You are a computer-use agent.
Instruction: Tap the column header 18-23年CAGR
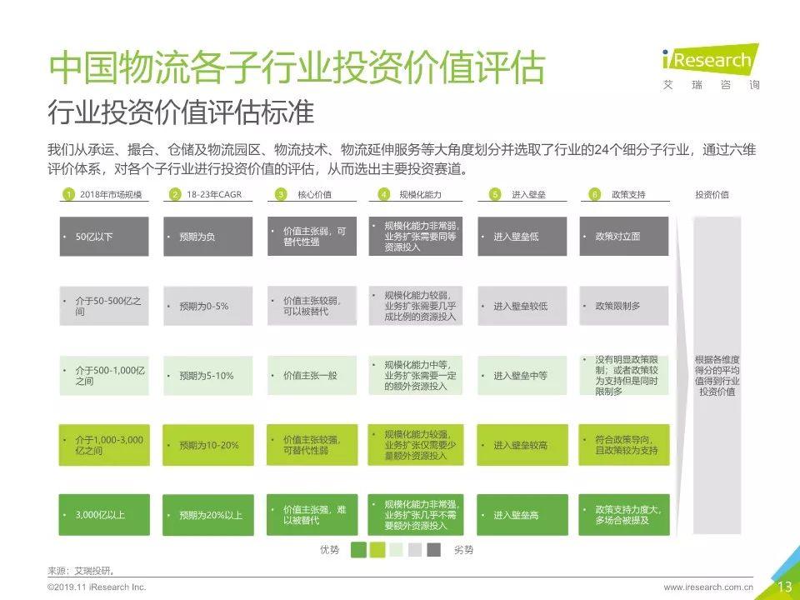[x=204, y=195]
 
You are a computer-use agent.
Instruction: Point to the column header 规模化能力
[x=420, y=195]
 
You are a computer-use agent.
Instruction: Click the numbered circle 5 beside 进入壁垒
[x=494, y=195]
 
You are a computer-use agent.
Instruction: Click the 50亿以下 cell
[x=104, y=237]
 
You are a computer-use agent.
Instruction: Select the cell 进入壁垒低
[x=522, y=237]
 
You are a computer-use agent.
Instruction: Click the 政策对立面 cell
[x=623, y=237]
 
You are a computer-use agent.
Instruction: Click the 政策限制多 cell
[x=623, y=306]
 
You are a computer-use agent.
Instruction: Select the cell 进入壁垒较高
[x=522, y=445]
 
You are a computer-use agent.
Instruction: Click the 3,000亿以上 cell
[x=104, y=515]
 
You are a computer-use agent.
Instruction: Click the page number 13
[x=785, y=587]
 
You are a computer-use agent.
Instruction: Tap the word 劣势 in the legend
[x=465, y=550]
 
